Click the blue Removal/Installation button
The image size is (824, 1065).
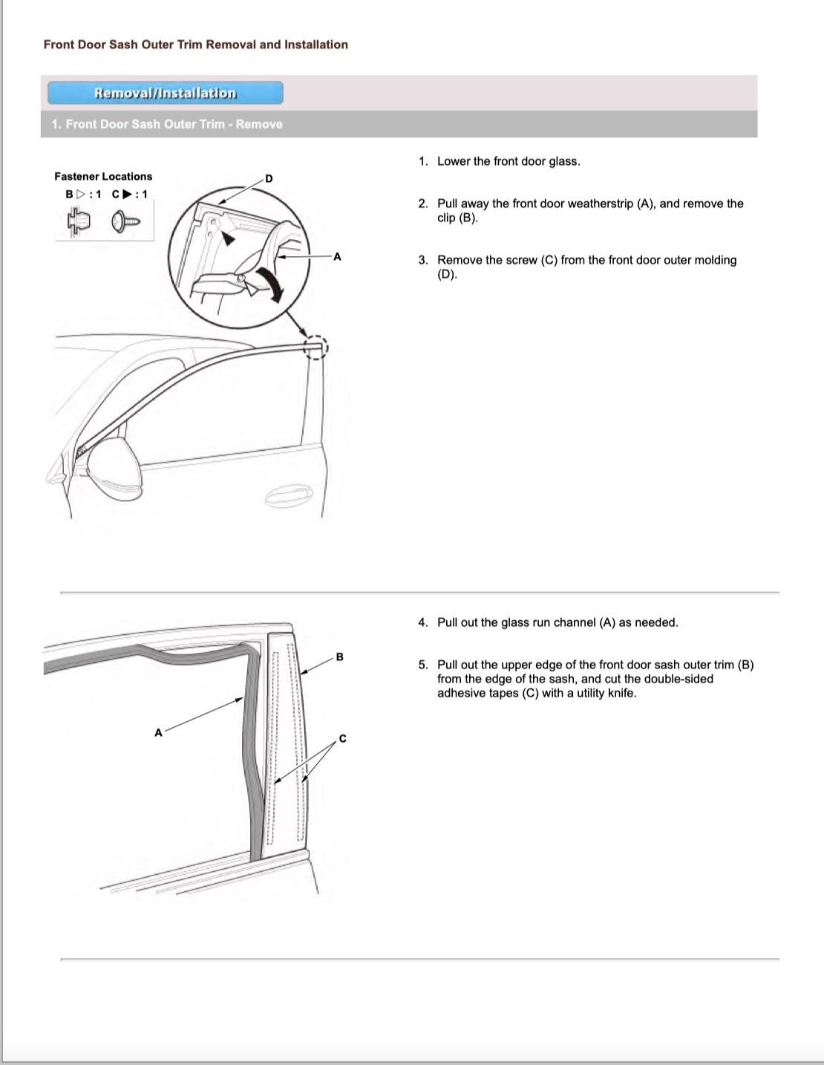tap(165, 93)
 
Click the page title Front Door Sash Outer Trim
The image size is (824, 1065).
tap(195, 45)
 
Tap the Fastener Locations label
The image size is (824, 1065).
tap(103, 176)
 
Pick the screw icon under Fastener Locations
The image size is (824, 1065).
tap(125, 221)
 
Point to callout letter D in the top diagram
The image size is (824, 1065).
tap(269, 178)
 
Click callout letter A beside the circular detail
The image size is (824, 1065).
tap(337, 257)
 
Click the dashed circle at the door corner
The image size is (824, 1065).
tap(315, 348)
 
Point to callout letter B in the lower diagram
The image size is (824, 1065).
tap(340, 657)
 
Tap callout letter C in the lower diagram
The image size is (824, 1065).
tap(342, 738)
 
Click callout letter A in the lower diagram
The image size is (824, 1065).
tap(158, 733)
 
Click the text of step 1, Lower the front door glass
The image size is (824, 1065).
tap(509, 161)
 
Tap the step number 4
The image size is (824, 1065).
tap(422, 622)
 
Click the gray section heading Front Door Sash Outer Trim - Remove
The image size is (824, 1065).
tap(167, 124)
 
